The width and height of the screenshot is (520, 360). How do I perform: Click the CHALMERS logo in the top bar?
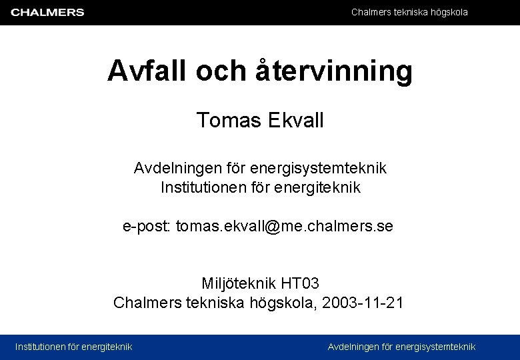click(47, 12)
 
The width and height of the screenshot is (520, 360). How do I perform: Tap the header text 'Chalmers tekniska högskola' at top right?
click(409, 12)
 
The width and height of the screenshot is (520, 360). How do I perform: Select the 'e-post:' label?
click(147, 226)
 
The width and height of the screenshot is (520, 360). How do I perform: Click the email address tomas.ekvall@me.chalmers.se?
click(285, 226)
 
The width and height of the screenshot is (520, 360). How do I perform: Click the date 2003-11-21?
click(363, 303)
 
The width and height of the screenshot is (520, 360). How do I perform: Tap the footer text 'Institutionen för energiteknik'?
click(74, 346)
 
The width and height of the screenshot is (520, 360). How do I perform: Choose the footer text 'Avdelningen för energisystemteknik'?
click(402, 346)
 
